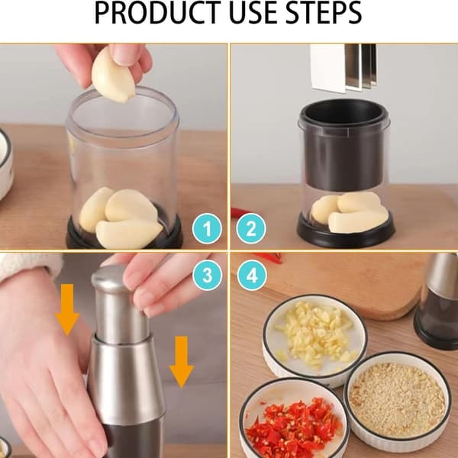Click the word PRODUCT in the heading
coord(158,13)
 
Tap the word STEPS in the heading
coord(324,13)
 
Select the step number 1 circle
coord(207,229)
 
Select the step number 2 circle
coord(251,229)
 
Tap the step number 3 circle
coord(208,275)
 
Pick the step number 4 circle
coord(252,275)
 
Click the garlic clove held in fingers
coord(112,76)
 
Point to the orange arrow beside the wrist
coord(67,310)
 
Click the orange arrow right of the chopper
coord(182,362)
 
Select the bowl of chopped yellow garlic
coord(314,339)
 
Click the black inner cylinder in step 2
coord(344,144)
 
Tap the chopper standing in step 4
coord(437,301)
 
